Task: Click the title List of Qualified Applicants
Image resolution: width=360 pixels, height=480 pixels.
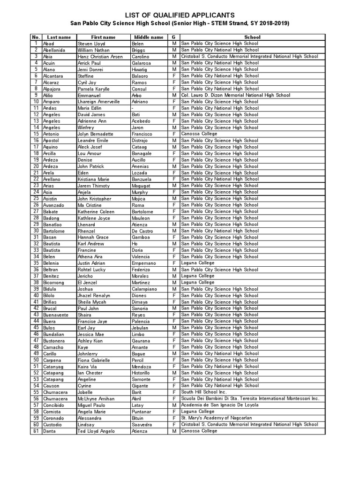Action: (x=180, y=15)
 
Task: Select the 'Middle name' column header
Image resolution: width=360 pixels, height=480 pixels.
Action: (x=149, y=37)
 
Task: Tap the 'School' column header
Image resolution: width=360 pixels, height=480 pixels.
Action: (x=252, y=37)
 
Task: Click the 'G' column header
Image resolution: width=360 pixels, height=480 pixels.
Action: (x=173, y=37)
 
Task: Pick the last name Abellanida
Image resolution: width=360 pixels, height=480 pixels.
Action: (x=54, y=50)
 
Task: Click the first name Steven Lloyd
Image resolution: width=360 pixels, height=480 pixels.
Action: (x=91, y=44)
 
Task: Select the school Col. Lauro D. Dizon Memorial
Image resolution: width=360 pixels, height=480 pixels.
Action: (x=235, y=95)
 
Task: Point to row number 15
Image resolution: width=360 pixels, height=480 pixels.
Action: (x=36, y=134)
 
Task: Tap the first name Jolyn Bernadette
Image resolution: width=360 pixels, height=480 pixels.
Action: (x=95, y=134)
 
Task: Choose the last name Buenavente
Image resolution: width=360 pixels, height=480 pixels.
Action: (x=56, y=315)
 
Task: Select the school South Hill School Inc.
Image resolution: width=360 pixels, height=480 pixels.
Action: (x=203, y=392)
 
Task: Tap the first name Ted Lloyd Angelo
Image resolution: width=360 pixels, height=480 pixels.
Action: (x=96, y=431)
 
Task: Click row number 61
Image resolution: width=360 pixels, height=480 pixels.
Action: (x=36, y=431)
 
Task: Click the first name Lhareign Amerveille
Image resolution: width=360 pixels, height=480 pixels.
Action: (x=98, y=102)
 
